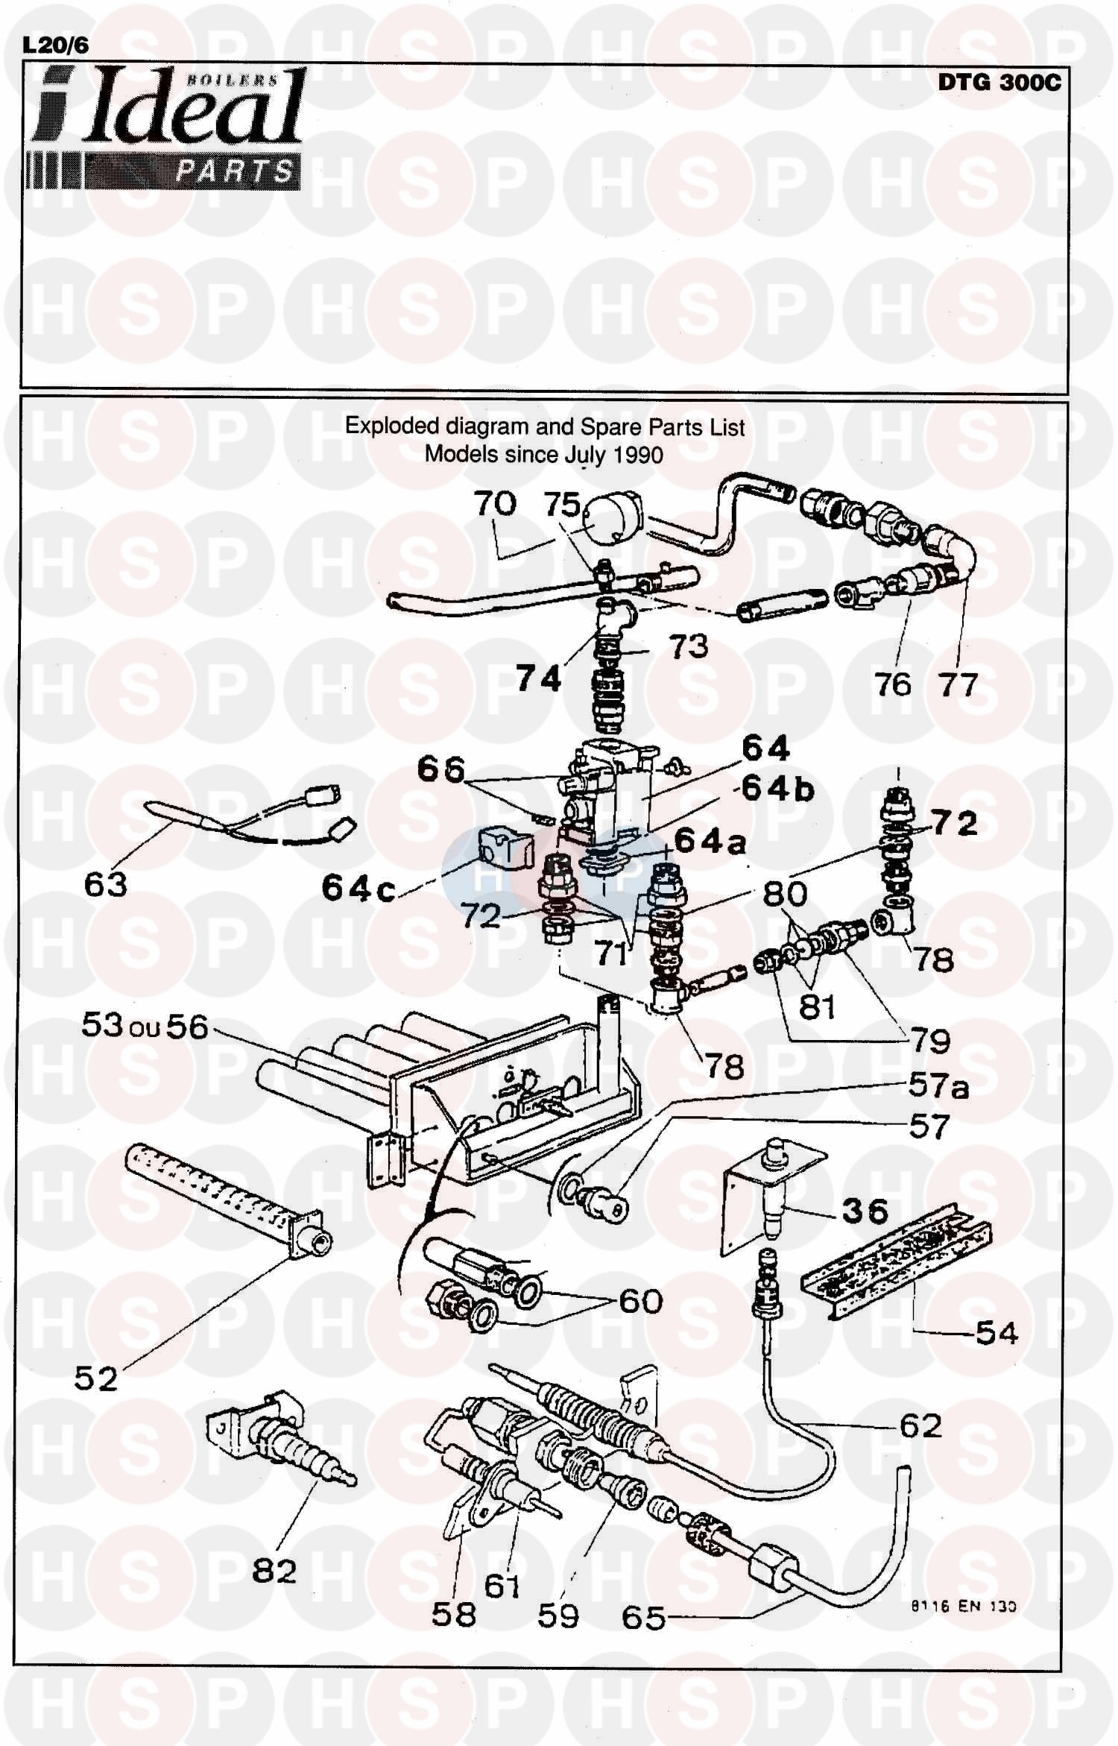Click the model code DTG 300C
[x=998, y=82]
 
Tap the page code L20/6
[x=55, y=45]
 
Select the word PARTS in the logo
[x=233, y=171]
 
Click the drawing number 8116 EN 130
[x=962, y=1607]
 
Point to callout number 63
[x=105, y=885]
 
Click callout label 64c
[x=358, y=888]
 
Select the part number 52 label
[x=95, y=1379]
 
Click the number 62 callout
[x=920, y=1425]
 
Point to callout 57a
[x=938, y=1086]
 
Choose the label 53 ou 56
[x=144, y=1027]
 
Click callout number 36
[x=865, y=1211]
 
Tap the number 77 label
[x=957, y=684]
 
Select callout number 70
[x=495, y=504]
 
